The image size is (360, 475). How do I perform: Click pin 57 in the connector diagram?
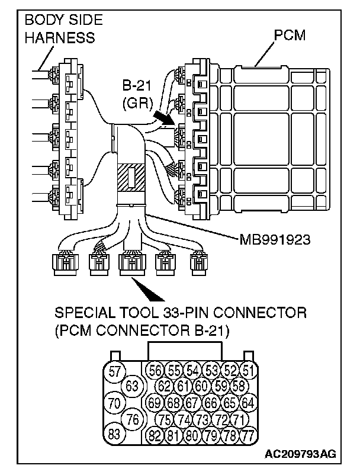[115, 371]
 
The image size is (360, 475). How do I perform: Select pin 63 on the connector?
[133, 386]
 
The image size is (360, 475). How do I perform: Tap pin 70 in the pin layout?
[115, 403]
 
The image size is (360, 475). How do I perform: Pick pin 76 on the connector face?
[133, 419]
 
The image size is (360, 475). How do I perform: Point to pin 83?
[115, 434]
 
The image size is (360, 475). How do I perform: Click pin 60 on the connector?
[201, 386]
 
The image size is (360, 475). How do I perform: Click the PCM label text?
[290, 36]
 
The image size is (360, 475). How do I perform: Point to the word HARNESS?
[59, 37]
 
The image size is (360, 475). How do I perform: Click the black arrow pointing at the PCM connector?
[166, 118]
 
